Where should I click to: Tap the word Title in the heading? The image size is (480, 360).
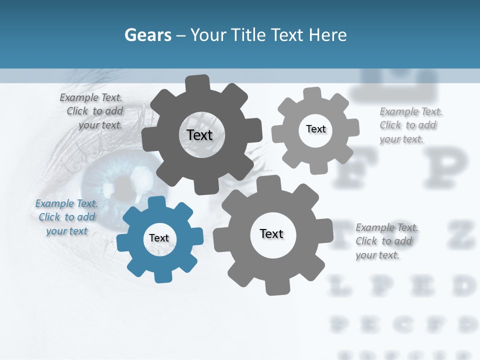[248, 35]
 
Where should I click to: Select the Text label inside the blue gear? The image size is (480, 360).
[159, 238]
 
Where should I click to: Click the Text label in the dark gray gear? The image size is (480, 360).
[199, 135]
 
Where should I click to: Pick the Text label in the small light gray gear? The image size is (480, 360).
[315, 129]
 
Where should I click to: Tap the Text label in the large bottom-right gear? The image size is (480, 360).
[271, 234]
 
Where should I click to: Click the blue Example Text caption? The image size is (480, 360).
[66, 217]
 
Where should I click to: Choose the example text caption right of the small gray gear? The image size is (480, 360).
[408, 125]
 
